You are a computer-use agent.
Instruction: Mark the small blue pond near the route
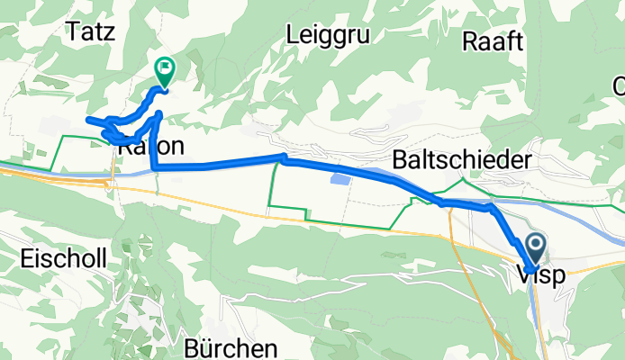click(340, 180)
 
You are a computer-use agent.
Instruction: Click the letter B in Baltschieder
click(400, 159)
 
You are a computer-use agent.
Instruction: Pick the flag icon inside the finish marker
click(167, 66)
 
